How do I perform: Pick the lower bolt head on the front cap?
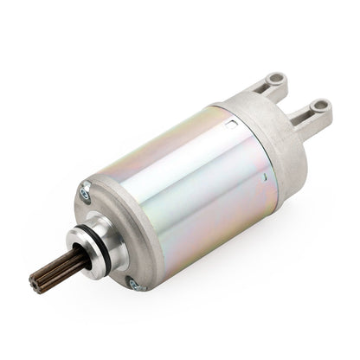132,283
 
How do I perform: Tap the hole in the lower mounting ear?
322,109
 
